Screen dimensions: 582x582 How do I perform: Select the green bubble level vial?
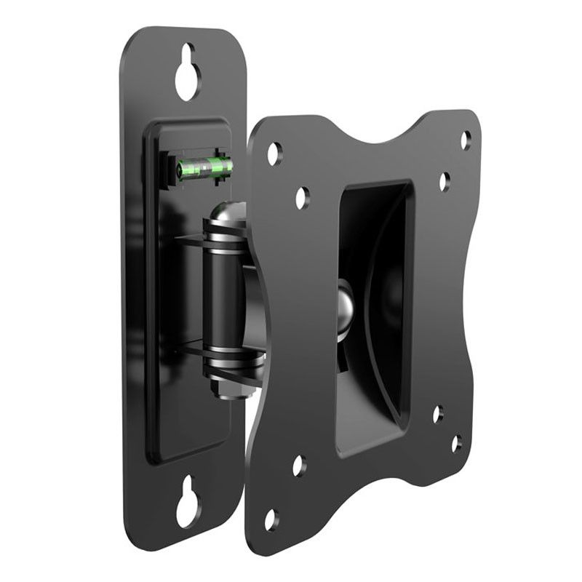tap(205, 168)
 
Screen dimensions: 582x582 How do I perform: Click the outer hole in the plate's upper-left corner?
tap(274, 154)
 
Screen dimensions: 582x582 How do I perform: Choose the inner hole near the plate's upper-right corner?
tap(444, 181)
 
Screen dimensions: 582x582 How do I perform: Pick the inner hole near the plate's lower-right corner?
tap(437, 414)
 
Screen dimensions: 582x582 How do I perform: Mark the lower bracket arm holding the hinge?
tap(191, 348)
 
